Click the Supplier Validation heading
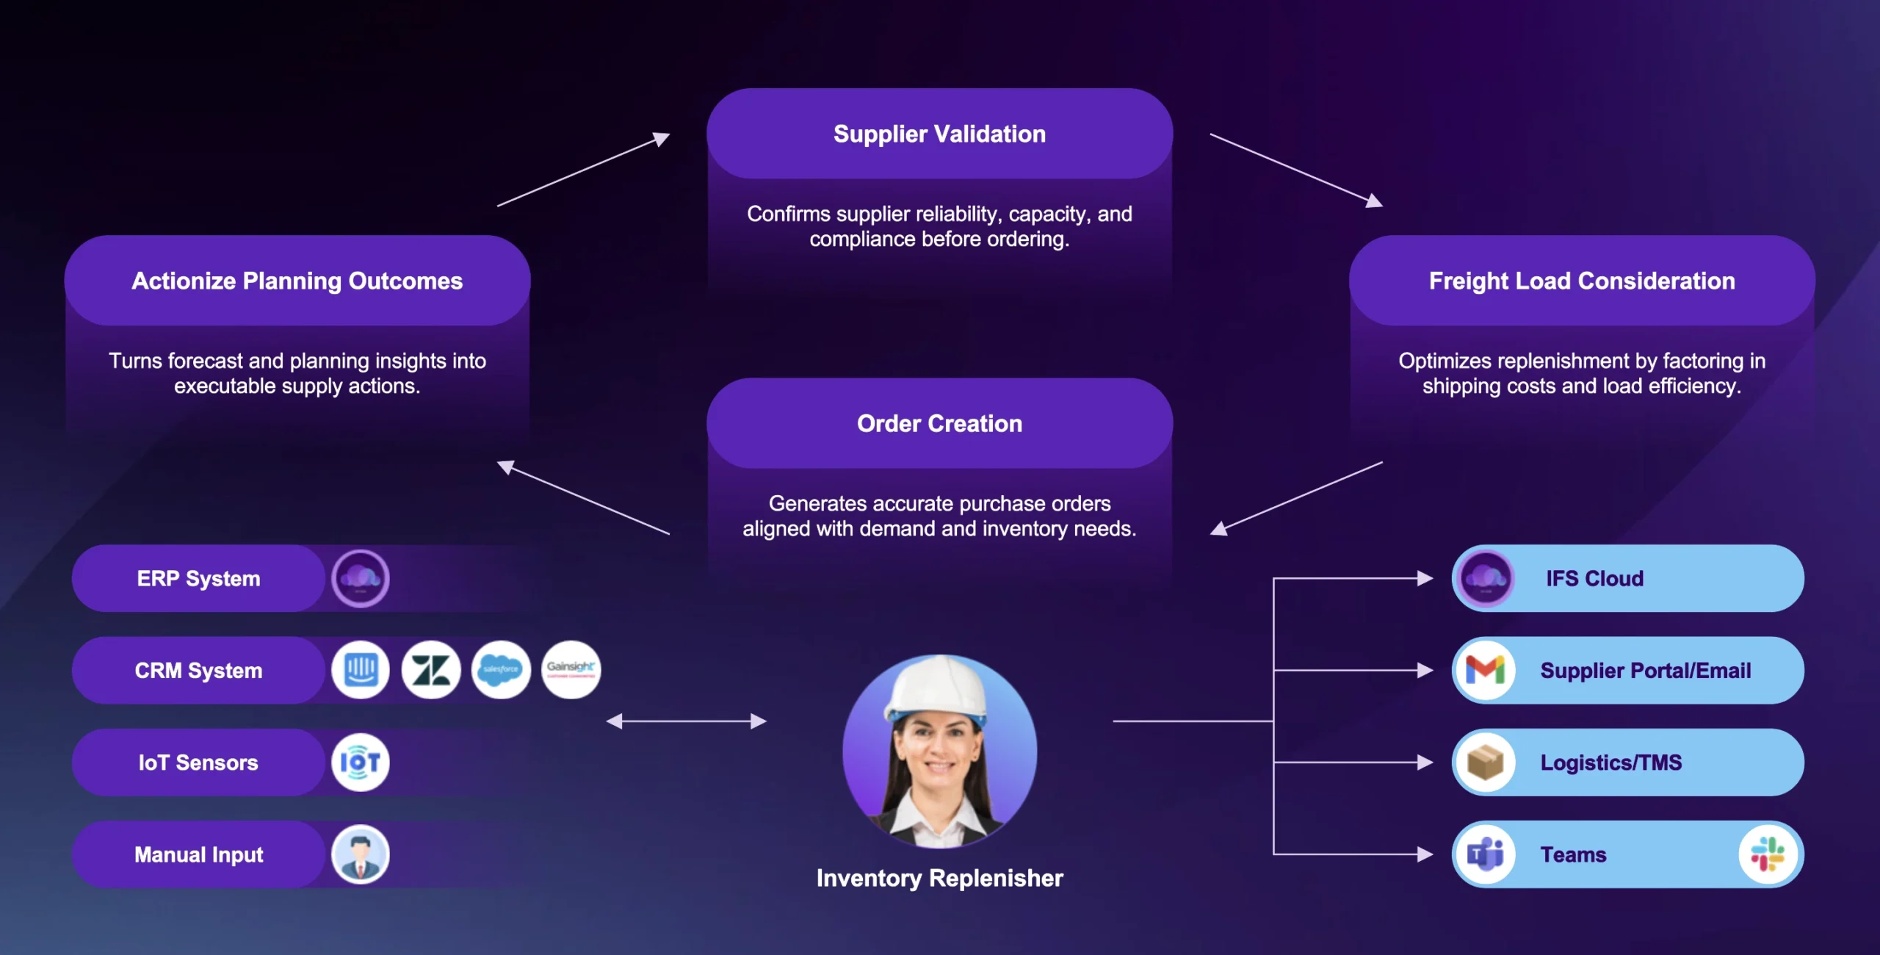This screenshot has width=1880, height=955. coord(939,134)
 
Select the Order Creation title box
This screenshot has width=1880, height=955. coord(939,423)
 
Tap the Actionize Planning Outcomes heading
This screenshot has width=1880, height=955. coord(297,281)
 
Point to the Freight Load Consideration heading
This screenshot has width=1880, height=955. coord(1582,281)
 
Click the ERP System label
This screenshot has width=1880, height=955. coord(198,579)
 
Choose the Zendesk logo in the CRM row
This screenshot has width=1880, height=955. coord(430,670)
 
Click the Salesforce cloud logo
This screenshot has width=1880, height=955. coord(501,670)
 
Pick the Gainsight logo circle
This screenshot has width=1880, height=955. coord(571,670)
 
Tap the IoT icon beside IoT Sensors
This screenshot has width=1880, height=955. coord(360,763)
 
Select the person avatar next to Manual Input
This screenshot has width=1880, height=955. coord(360,854)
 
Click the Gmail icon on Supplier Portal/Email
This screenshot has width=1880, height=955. coord(1485,670)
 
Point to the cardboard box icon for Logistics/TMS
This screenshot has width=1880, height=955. coord(1485,763)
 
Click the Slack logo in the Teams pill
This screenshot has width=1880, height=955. coord(1768,854)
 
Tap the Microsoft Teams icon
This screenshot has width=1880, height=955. coord(1485,854)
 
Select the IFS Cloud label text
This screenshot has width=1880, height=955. coord(1594,579)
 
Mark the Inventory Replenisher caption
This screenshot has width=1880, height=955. coord(939,879)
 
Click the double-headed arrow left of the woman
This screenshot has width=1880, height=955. coord(686,721)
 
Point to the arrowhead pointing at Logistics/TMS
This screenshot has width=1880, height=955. coord(1425,763)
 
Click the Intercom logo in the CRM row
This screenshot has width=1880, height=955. coord(360,670)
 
